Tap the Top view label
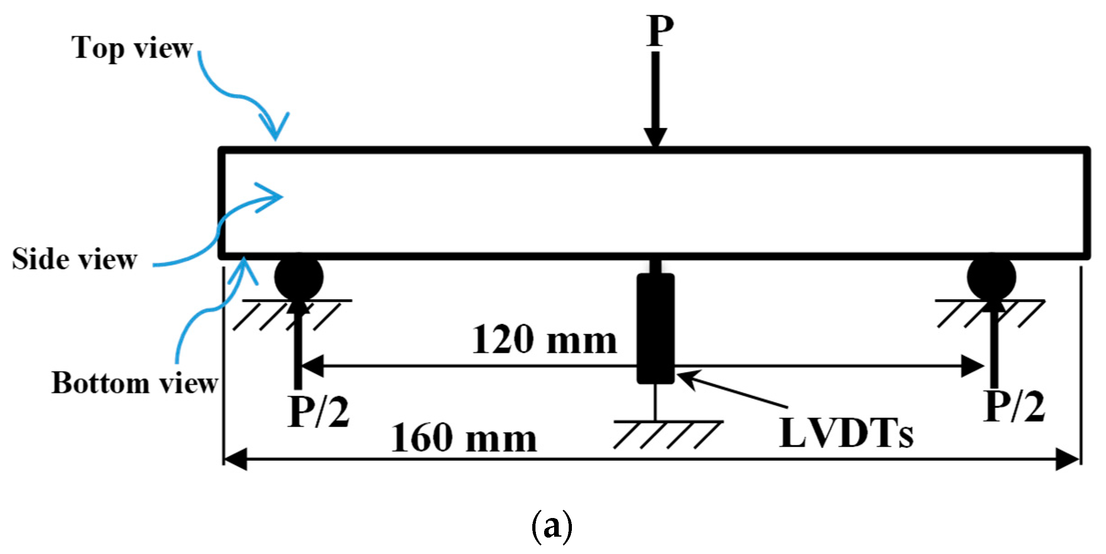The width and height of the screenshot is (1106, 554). coord(132,47)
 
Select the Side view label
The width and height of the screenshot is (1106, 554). coord(74,259)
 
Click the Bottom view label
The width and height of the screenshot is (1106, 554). coord(135,383)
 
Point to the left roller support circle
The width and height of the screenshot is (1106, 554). coord(299,277)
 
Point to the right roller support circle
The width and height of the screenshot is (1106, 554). coord(991,277)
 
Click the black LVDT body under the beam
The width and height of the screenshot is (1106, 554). coord(656,328)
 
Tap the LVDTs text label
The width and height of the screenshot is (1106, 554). coord(846,433)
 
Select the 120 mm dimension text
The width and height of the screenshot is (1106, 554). coord(544,340)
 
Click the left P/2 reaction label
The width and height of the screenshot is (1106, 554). coord(318,412)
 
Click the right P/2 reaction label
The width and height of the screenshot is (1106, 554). coord(1014,407)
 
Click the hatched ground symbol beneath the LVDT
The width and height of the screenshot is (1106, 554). coord(667,435)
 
